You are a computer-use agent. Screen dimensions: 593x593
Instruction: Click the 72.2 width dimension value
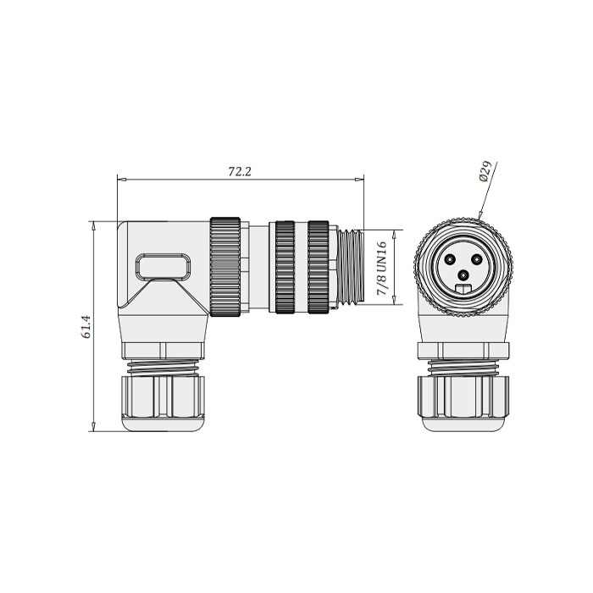241,171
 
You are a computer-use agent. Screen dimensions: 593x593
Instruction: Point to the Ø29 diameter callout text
485,170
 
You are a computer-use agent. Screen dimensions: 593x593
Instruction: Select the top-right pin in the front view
477,257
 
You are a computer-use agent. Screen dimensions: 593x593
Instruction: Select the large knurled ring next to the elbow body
226,267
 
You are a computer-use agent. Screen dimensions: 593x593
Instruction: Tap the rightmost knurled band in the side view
319,267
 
